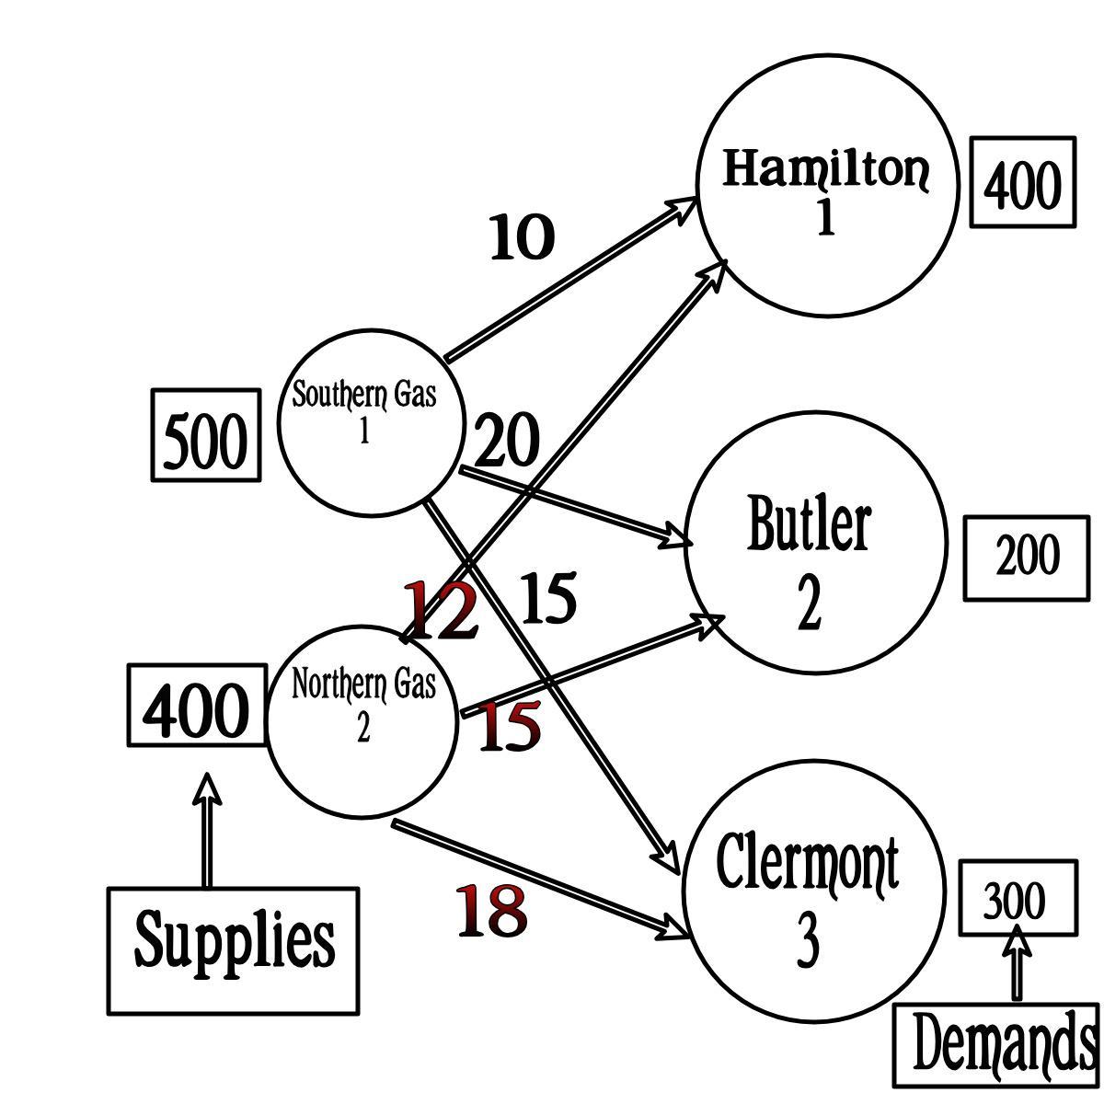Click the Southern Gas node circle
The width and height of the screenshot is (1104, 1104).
pos(369,422)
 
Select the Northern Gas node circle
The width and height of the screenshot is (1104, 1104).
pos(362,721)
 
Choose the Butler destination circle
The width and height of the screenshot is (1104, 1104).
pos(815,543)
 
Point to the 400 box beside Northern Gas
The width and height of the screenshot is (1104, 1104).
pos(197,707)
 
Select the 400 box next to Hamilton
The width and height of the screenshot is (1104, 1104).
pos(1023,182)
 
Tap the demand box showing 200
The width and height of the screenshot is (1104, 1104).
pos(1027,558)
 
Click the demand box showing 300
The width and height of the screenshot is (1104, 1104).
pos(1018,898)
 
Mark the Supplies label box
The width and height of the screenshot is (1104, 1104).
pos(234,950)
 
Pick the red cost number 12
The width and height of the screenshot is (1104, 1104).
pos(442,609)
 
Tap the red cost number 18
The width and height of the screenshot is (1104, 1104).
pos(492,911)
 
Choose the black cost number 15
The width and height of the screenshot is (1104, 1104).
pos(549,597)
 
